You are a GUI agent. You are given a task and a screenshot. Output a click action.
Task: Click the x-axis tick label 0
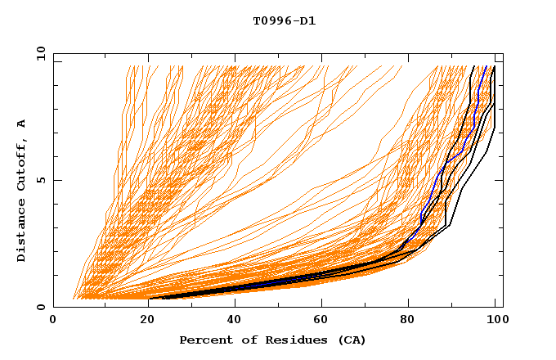pos(53,321)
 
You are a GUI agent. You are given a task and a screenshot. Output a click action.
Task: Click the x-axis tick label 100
pos(495,321)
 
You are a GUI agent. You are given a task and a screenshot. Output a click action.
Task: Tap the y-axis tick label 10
pos(40,52)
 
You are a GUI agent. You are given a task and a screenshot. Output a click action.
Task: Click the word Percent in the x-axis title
pos(204,340)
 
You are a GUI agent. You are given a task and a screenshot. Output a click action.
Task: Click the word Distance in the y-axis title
pos(22,232)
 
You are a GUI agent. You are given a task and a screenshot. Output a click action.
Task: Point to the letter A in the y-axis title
pos(22,124)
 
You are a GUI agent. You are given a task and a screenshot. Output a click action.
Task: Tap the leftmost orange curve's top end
pos(128,67)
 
